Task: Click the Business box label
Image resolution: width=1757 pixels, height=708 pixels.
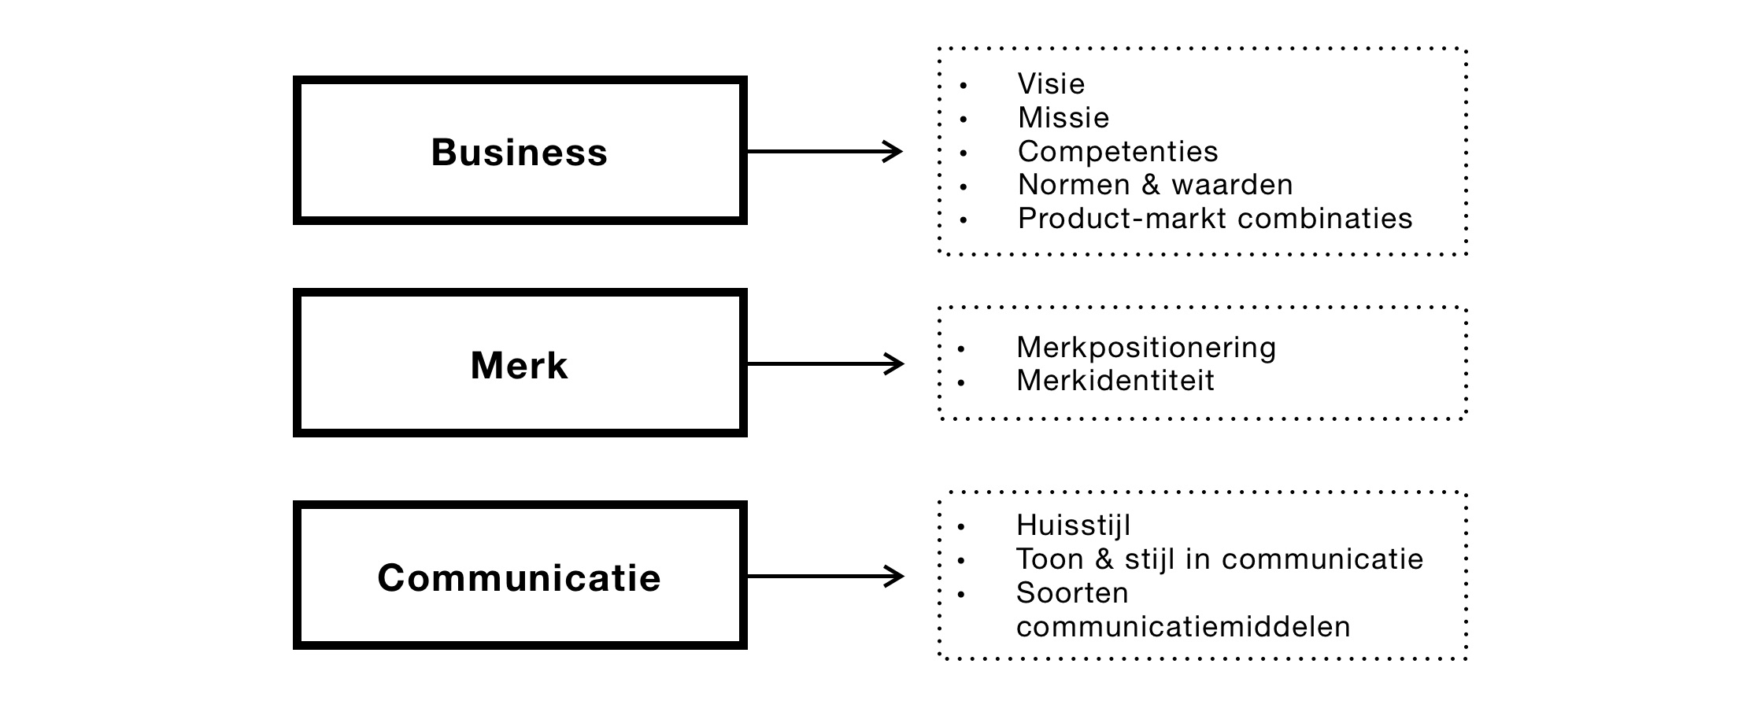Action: coord(520,152)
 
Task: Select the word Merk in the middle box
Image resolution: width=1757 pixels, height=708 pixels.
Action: coord(520,366)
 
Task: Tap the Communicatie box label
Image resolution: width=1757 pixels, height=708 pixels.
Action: coord(520,578)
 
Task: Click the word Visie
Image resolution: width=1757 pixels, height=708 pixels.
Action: coord(1051,84)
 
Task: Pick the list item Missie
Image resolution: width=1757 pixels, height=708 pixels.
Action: coord(1063,118)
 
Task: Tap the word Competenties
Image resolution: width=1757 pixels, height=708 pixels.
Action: coord(1118,151)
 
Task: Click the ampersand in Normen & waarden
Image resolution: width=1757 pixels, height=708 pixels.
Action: coord(1150,185)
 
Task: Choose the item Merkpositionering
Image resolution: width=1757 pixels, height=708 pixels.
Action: coord(1146,348)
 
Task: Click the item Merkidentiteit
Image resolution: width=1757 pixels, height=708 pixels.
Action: coord(1115,381)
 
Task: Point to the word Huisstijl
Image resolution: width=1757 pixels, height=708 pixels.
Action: coord(1073,525)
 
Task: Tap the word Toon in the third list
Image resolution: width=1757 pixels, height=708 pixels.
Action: coord(1049,559)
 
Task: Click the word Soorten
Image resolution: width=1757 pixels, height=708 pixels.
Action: coord(1072,593)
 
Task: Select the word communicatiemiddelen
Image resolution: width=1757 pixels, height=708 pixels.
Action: coord(1183,627)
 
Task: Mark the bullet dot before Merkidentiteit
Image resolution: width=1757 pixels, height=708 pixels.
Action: coord(961,383)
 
